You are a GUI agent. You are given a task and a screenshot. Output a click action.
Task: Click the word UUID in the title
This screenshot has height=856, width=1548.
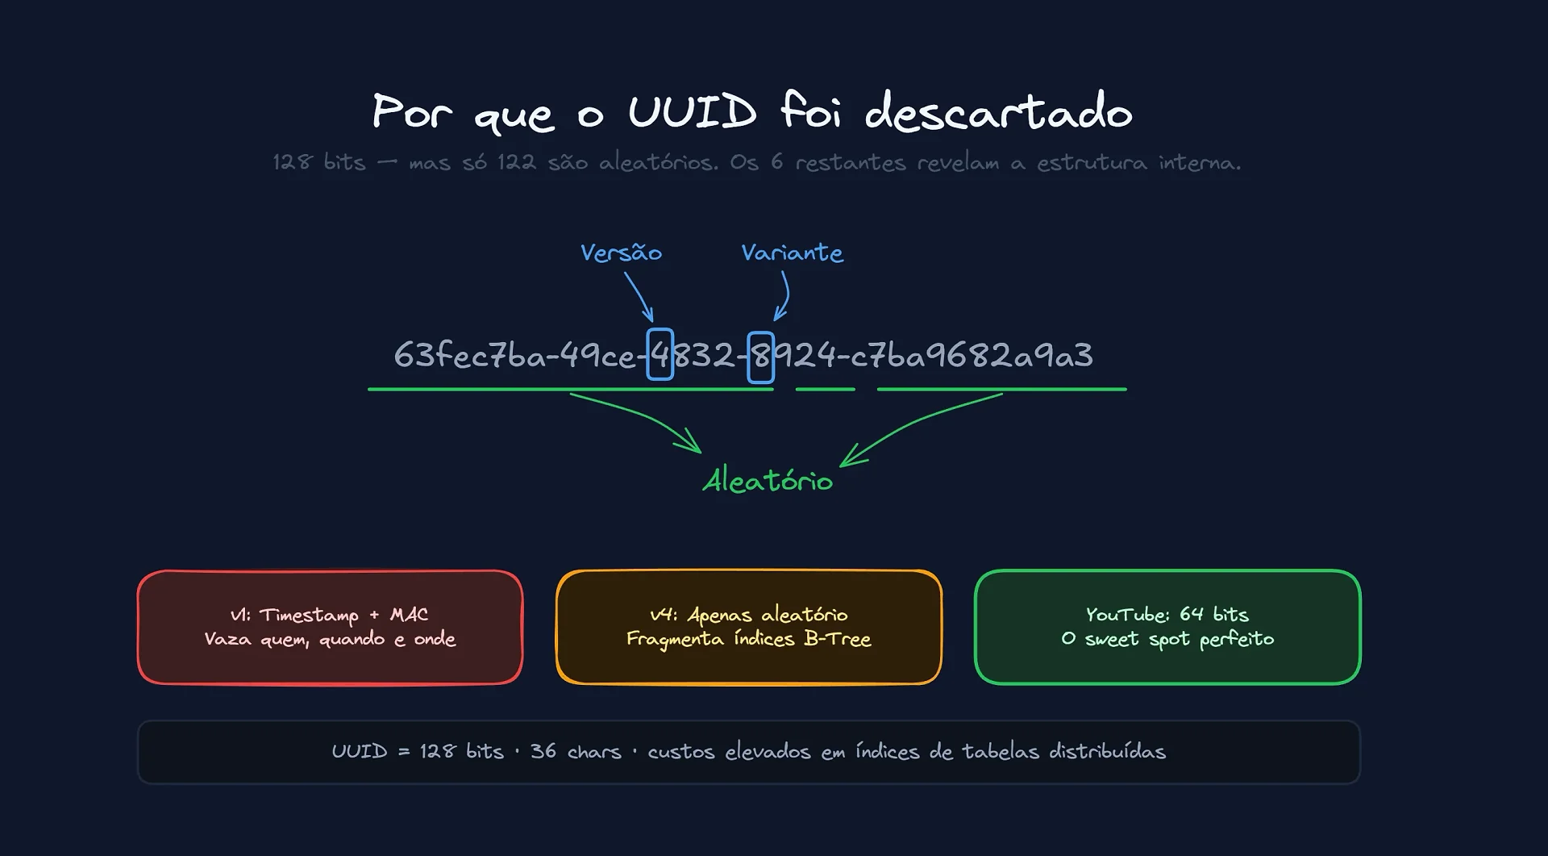(692, 111)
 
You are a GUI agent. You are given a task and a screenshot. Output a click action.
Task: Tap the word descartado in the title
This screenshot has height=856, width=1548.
(998, 111)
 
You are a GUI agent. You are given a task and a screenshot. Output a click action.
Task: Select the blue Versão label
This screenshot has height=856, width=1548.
(621, 253)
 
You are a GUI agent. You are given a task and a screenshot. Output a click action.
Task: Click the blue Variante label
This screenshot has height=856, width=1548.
(792, 253)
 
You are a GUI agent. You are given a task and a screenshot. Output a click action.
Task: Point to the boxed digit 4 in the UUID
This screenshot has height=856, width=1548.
(660, 355)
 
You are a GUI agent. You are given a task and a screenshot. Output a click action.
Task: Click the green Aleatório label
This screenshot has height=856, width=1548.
(768, 481)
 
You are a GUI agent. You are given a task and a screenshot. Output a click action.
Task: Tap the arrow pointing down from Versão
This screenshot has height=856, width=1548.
(639, 297)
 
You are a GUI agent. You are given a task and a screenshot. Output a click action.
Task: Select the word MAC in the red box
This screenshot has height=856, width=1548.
(409, 615)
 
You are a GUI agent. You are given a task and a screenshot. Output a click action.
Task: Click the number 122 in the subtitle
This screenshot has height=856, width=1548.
(516, 162)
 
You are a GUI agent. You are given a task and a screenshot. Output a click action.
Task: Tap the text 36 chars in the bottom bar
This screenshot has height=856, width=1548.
(576, 751)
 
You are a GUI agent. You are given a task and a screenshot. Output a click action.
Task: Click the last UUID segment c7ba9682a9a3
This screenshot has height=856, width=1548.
(972, 356)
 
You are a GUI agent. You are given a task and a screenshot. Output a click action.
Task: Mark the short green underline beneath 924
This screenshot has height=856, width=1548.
(825, 390)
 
